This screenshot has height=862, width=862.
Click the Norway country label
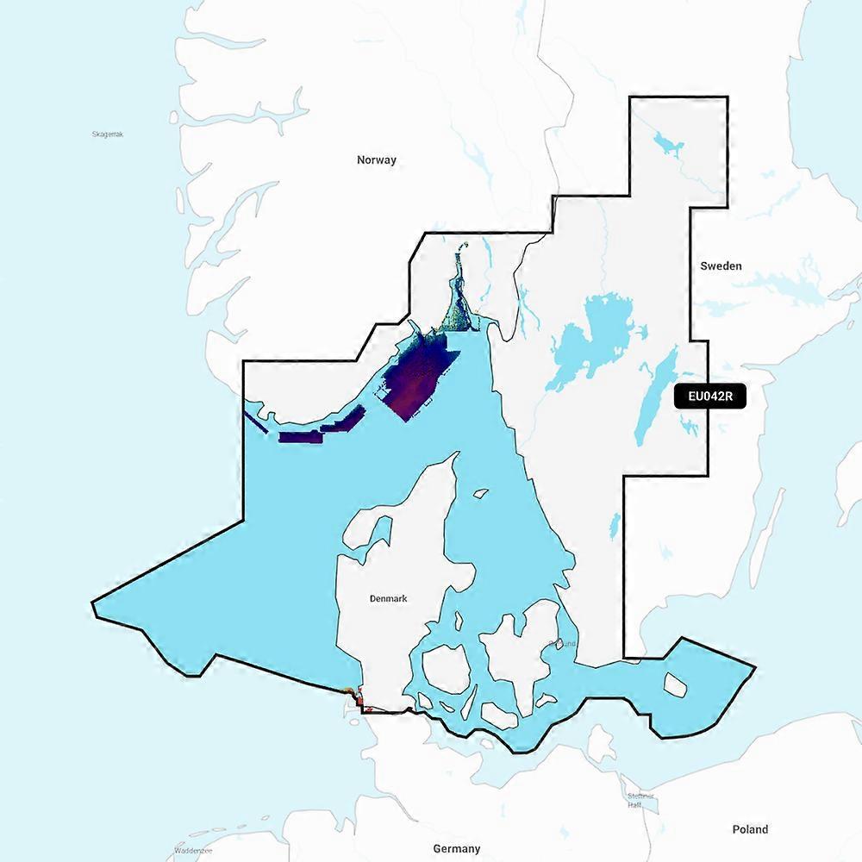[377, 159]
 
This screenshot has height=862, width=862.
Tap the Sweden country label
[720, 266]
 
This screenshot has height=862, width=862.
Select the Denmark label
[388, 598]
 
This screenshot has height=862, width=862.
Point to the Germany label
[457, 849]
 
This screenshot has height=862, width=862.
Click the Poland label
[750, 829]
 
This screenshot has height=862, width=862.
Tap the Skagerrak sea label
[108, 134]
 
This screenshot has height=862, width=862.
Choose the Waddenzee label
[193, 850]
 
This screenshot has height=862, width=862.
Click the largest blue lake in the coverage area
[595, 336]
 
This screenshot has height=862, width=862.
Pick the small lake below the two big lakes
[614, 524]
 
